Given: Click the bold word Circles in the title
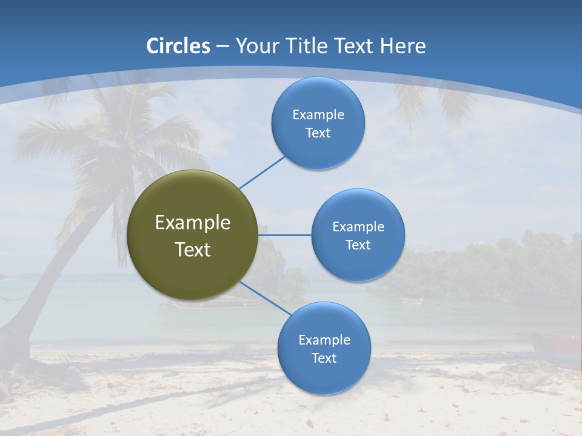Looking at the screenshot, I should coord(178,46).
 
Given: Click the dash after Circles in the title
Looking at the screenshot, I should coord(222,47).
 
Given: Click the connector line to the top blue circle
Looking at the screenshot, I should coord(262,172).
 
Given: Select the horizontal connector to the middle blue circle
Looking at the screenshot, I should coord(285,235).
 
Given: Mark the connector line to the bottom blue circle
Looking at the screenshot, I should coord(265,298).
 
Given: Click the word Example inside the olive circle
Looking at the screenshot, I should coord(193,223).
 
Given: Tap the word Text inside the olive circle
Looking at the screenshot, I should coord(193,249).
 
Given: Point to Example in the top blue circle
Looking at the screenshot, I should coord(318,115).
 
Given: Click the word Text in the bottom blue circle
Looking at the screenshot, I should coord(324,358).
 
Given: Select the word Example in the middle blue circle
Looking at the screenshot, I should coord(358,227).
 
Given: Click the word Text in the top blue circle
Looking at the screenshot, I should coord(318,133).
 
